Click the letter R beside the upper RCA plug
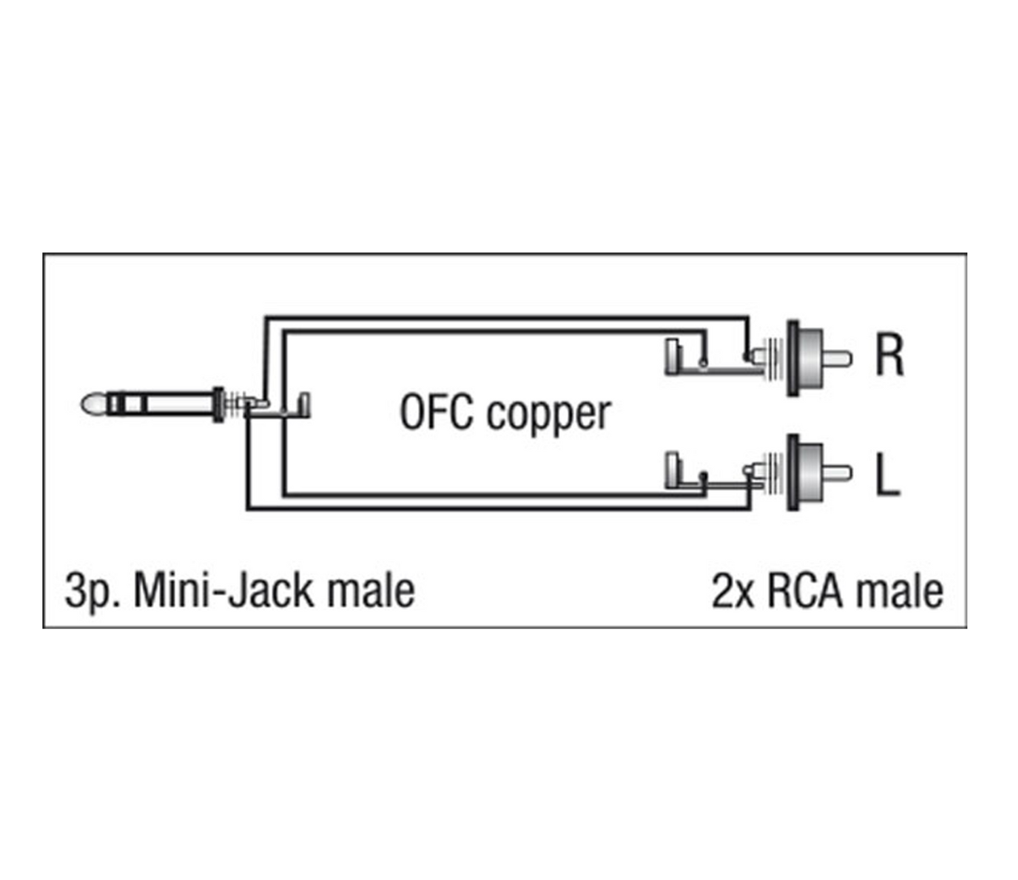[x=889, y=355]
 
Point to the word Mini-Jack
[x=223, y=591]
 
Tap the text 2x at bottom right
[x=732, y=591]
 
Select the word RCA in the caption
[x=806, y=591]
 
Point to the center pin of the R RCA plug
[x=839, y=359]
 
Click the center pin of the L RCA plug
[x=839, y=473]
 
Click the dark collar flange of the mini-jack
[x=219, y=405]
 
